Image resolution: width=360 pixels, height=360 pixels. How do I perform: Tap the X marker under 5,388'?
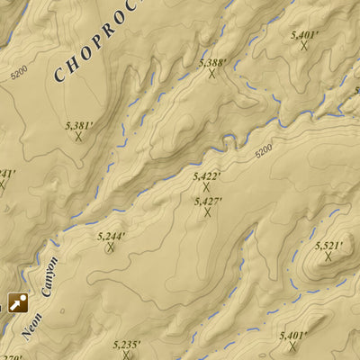[x=212, y=74]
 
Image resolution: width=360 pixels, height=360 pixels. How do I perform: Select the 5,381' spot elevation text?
[x=78, y=125]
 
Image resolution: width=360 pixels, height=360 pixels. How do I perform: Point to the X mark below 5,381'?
[x=78, y=137]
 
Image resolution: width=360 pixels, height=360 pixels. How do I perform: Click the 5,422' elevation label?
[x=207, y=176]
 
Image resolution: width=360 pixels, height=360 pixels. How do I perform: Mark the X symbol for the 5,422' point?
[x=207, y=187]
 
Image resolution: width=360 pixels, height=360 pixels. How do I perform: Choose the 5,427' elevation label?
[x=208, y=202]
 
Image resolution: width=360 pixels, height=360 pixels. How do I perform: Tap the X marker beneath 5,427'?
[x=208, y=212]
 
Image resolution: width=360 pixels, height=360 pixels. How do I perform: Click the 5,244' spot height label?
[x=111, y=236]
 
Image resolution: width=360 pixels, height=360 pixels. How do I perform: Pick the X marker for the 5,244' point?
[x=111, y=247]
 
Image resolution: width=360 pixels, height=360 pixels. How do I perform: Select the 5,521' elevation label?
[x=328, y=245]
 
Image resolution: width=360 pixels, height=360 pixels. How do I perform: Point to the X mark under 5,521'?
[x=328, y=256]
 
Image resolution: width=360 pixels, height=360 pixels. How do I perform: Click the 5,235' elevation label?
[x=127, y=344]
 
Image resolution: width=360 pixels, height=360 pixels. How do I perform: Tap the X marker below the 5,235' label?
[x=127, y=355]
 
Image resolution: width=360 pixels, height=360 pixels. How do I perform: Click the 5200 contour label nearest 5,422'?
[x=263, y=152]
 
